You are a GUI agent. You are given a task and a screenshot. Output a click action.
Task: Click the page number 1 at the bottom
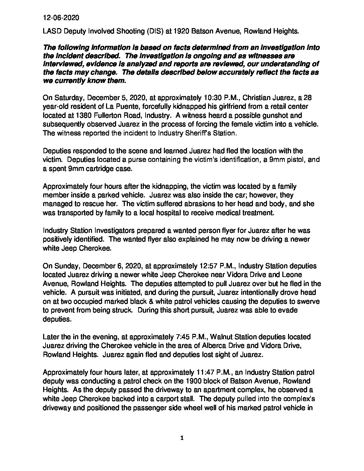[x=182, y=438]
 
